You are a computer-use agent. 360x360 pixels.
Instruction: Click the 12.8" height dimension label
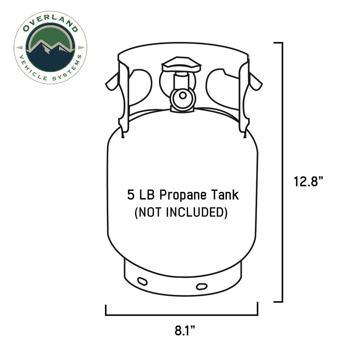(x=309, y=182)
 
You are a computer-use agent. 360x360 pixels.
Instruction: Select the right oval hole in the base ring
(x=202, y=286)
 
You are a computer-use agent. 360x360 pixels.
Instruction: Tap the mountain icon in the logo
(x=50, y=54)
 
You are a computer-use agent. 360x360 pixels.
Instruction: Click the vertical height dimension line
(x=282, y=172)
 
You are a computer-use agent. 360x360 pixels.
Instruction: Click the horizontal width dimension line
(x=181, y=315)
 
